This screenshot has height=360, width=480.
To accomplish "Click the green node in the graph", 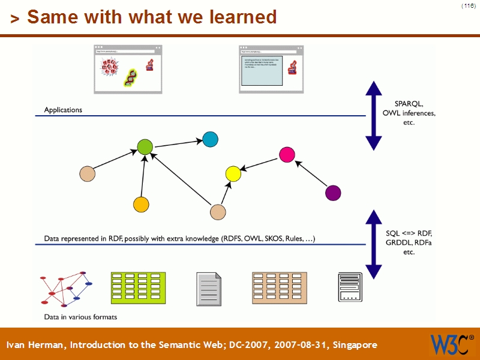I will coord(145,146).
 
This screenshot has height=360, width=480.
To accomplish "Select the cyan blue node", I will coord(210,139).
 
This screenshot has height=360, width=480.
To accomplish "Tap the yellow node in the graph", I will coord(233,174).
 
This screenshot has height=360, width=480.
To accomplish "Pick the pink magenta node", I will coord(287,154).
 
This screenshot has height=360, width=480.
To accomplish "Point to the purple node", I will coord(332,193).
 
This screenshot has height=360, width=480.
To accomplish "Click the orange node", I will coord(141,205).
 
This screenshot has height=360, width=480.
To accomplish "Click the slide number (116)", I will coord(468,5).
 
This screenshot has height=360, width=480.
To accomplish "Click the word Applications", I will coord(63,110).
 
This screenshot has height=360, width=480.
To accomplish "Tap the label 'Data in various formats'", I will coord(80,317).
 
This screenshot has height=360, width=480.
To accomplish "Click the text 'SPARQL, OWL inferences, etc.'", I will coord(409,112).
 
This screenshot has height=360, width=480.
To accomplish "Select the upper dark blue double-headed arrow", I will coord(374,115).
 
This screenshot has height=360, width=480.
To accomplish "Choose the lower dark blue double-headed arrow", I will coord(374,244).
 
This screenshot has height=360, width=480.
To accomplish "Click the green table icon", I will coord(138,287).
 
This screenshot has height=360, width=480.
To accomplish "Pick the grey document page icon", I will coord(209,289).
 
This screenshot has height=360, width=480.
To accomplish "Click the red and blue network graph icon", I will coord(65,289).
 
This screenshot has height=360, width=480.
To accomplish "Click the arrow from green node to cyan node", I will coord(178,143).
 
